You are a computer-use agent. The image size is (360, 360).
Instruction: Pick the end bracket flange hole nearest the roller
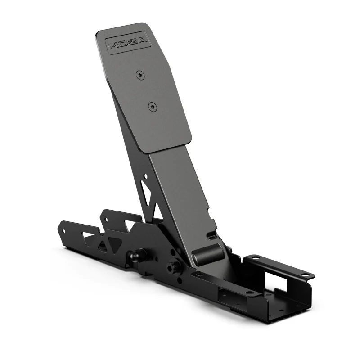click(x=255, y=258)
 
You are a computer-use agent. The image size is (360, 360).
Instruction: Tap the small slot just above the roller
click(x=211, y=235)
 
